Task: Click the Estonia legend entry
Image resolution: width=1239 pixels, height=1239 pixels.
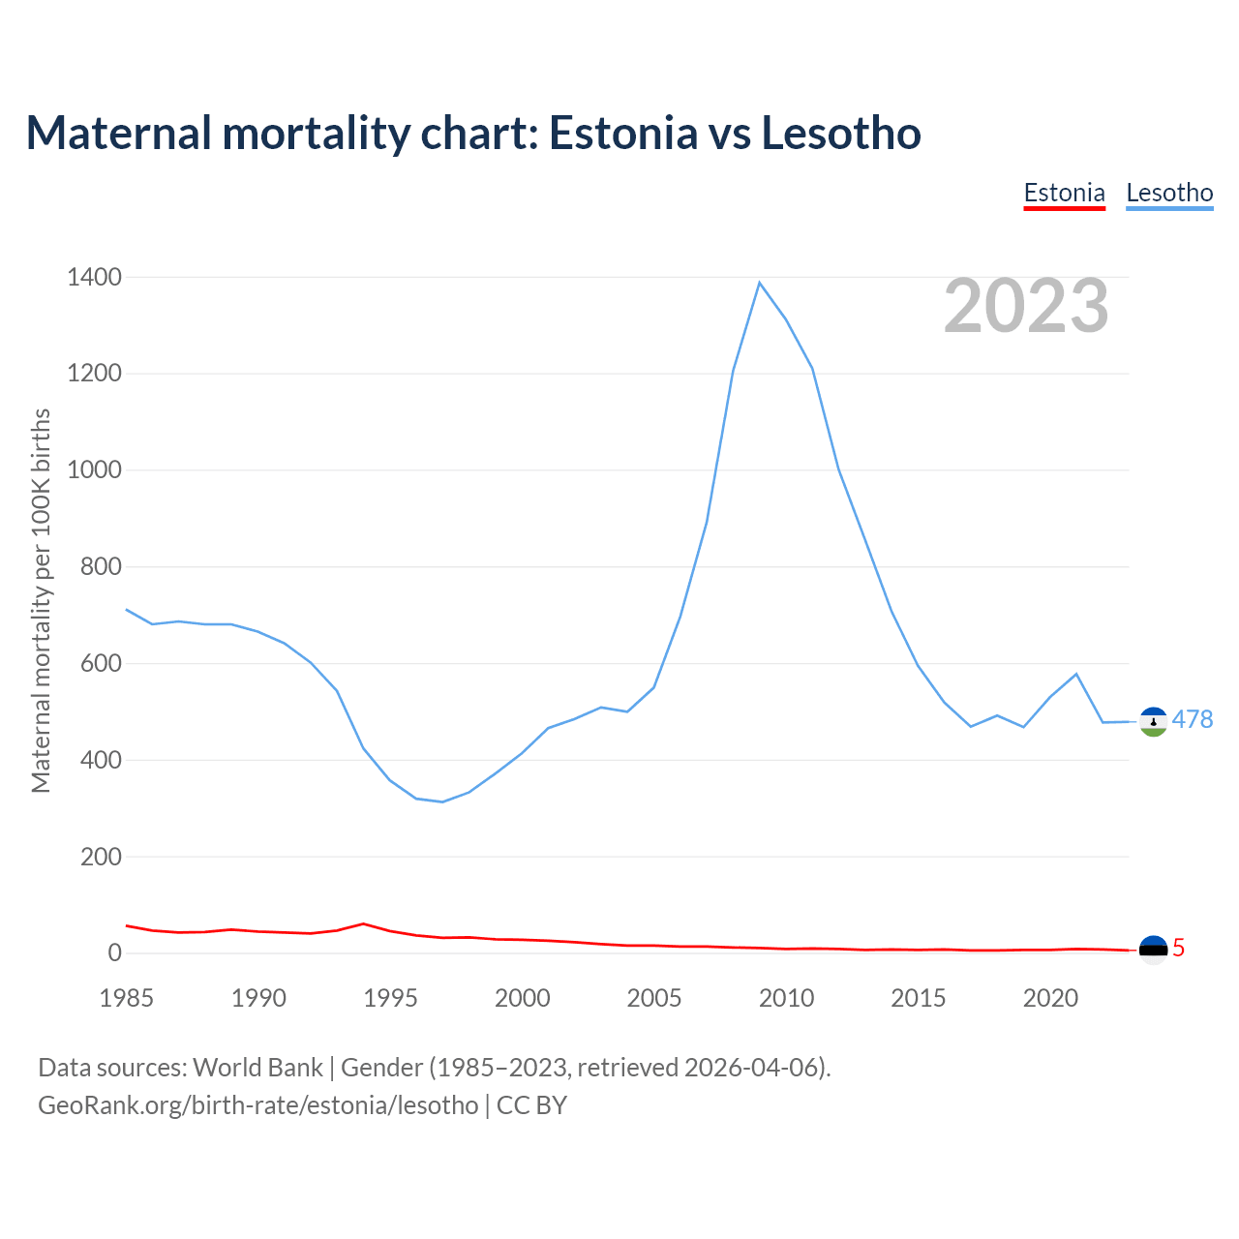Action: (x=1064, y=193)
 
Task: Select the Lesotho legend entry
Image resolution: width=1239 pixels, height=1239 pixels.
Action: (x=1169, y=193)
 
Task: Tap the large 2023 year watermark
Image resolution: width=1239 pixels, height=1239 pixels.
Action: (x=1026, y=306)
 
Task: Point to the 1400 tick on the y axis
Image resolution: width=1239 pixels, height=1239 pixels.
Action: (x=95, y=278)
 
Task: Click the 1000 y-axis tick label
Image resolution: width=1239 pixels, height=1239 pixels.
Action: (x=95, y=470)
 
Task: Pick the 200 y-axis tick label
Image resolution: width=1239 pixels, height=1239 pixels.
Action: (x=101, y=857)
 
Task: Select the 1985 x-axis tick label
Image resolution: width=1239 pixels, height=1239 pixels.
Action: (x=127, y=998)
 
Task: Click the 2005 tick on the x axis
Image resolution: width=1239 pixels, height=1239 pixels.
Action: (x=654, y=998)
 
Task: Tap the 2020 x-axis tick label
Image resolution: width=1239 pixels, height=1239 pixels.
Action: (x=1050, y=998)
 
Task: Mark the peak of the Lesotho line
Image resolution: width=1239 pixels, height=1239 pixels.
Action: (x=760, y=283)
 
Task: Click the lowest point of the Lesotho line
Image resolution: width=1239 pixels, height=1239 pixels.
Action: (x=442, y=801)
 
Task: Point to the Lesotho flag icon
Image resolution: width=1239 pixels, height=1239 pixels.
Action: (x=1153, y=721)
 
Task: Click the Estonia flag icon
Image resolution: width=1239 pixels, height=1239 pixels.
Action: (x=1153, y=950)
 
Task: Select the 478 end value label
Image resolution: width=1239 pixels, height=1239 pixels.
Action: (x=1192, y=719)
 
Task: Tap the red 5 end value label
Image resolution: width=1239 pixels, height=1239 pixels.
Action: (x=1178, y=949)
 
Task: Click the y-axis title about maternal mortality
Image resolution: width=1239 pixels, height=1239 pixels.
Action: (x=41, y=600)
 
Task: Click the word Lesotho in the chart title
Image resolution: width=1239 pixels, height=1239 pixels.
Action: (x=841, y=133)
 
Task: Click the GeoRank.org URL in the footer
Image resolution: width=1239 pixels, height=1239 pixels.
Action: (x=257, y=1104)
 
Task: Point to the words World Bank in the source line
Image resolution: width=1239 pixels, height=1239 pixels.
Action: (x=257, y=1068)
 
